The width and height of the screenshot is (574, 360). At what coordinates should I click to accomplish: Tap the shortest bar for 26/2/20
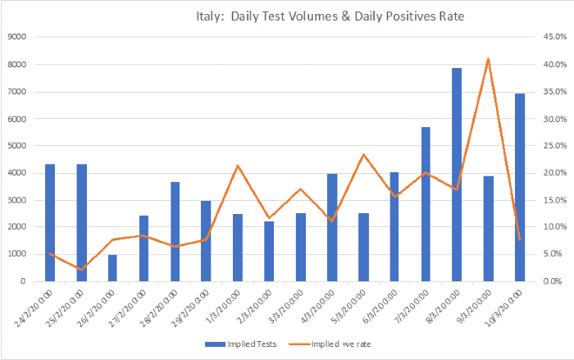point(112,268)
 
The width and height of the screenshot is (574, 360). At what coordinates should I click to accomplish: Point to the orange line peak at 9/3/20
point(489,59)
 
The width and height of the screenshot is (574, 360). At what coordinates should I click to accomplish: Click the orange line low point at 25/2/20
point(81,269)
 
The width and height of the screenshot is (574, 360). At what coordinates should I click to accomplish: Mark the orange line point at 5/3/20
point(363,154)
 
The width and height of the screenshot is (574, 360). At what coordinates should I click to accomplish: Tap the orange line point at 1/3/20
point(238,166)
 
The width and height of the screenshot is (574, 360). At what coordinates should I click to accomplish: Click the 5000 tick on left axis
point(17,146)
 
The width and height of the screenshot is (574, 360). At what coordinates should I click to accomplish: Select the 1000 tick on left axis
point(17,254)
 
